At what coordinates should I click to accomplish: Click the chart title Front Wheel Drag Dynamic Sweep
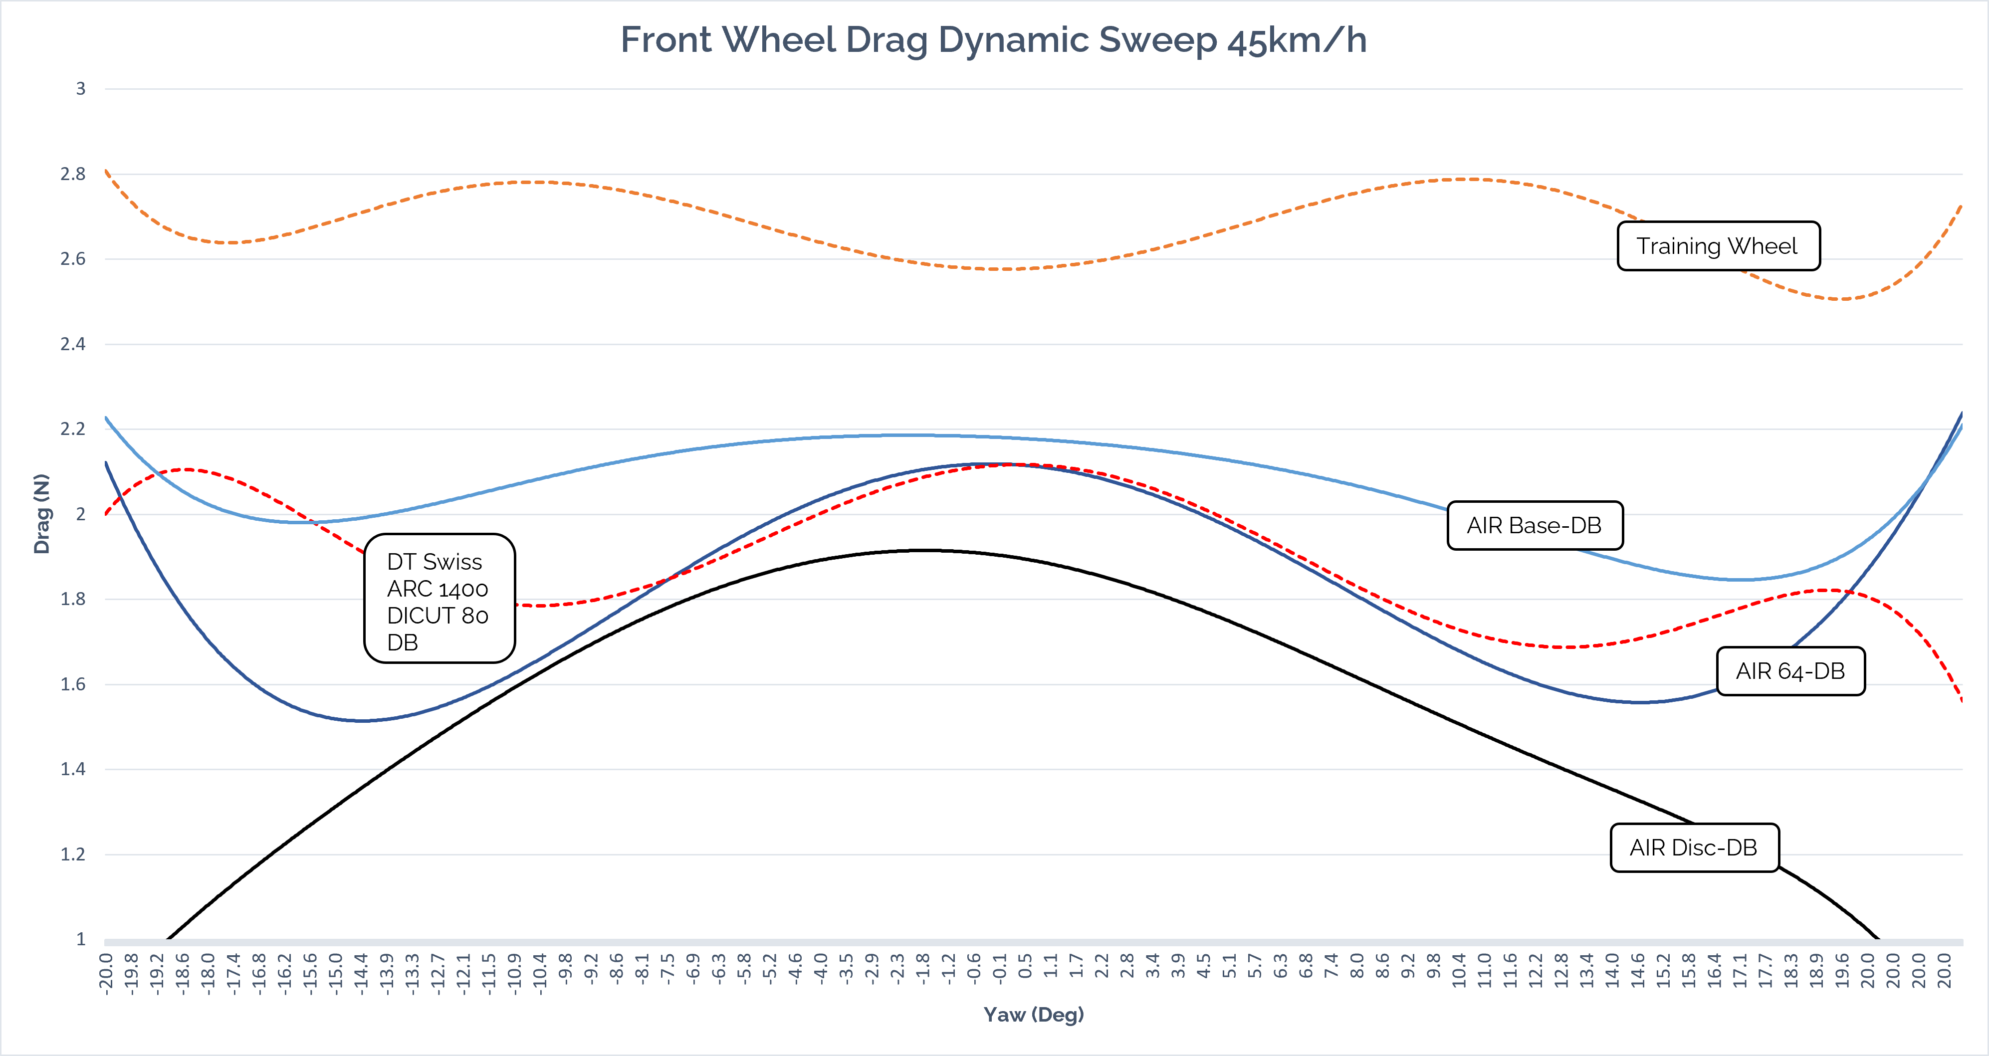[x=994, y=40]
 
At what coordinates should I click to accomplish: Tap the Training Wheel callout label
[x=1718, y=246]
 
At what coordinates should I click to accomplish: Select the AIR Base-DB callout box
[x=1534, y=526]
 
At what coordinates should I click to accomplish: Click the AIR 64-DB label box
[x=1790, y=671]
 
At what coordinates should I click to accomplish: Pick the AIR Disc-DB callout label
[x=1693, y=847]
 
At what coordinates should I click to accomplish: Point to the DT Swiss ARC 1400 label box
[x=439, y=598]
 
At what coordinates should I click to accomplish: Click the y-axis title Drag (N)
[x=42, y=513]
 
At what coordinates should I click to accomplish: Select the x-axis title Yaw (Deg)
[x=1033, y=1014]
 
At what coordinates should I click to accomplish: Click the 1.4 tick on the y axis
[x=73, y=769]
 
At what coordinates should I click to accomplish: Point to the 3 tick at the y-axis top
[x=80, y=89]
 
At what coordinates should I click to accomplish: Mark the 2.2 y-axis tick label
[x=73, y=429]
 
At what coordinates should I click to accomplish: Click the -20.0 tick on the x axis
[x=107, y=974]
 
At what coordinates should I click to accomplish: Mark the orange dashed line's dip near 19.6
[x=1841, y=299]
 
